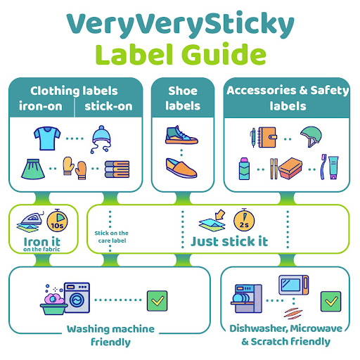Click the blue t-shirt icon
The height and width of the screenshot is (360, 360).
pos(47,139)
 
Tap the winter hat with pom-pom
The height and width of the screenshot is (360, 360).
pos(101,139)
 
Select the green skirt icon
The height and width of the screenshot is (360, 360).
pos(33,169)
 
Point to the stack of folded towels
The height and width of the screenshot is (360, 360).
pos(117,169)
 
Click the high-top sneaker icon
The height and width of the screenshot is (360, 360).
pos(181,135)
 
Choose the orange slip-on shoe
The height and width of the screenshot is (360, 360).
pos(181,168)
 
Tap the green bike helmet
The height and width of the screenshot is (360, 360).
pos(311,137)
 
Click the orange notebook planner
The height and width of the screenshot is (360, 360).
pos(267,137)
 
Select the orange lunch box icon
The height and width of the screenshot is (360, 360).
pos(290,168)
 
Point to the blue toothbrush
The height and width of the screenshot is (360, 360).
pos(323,167)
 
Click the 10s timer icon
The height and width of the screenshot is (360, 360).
pos(57,221)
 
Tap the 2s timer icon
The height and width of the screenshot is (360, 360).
pos(244,220)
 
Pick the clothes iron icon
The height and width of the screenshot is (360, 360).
pos(30,222)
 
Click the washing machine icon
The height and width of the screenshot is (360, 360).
pos(77,297)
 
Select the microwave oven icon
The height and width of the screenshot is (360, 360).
pos(294,285)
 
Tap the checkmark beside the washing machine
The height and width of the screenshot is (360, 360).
pos(157,301)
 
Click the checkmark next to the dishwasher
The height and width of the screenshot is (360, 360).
pos(330,302)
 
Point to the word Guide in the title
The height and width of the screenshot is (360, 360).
pos(224,54)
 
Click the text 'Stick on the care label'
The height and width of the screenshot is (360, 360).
pos(112,237)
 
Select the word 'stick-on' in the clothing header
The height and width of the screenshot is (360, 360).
pos(108,106)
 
